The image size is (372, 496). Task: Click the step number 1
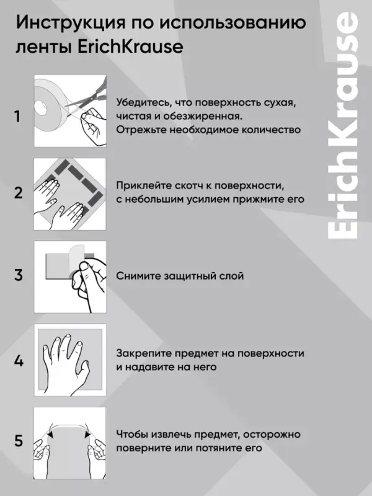[18, 117]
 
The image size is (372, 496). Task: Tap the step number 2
[19, 192]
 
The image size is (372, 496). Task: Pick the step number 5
[19, 441]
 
